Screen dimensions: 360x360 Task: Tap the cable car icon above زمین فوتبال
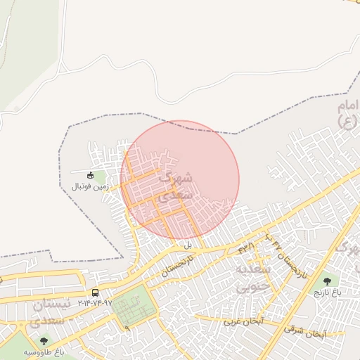click(x=90, y=175)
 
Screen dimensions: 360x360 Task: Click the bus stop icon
click(x=95, y=292)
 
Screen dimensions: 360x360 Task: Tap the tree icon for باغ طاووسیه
click(x=44, y=341)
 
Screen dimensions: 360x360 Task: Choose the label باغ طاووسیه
click(x=44, y=351)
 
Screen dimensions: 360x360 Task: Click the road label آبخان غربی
click(x=242, y=321)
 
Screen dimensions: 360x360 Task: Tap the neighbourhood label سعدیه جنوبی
click(x=251, y=278)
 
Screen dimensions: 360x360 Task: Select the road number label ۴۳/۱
click(x=247, y=247)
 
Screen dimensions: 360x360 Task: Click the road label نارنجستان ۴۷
click(x=281, y=254)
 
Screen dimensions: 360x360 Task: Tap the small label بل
click(x=188, y=245)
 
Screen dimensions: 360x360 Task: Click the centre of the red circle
click(x=180, y=180)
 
